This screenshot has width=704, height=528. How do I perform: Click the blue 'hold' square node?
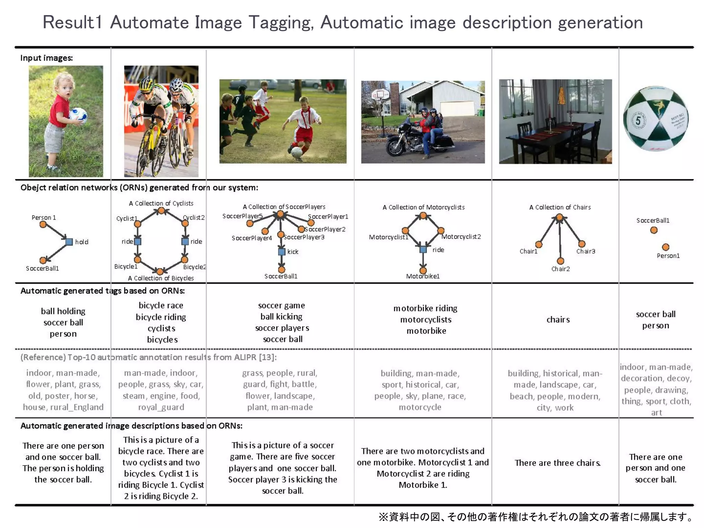tap(69, 242)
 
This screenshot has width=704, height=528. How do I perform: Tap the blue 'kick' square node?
tap(282, 252)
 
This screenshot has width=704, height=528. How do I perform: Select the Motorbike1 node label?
tap(423, 276)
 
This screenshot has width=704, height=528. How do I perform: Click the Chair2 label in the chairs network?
tap(560, 269)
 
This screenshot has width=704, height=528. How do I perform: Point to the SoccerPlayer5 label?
tap(242, 216)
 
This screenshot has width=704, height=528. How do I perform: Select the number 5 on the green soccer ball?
tap(638, 120)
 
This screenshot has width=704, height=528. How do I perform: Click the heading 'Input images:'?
tap(46, 58)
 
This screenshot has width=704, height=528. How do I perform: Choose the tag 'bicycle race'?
tap(161, 305)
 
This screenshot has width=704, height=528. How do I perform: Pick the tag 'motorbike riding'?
tap(425, 308)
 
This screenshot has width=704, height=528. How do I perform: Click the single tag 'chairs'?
tap(558, 320)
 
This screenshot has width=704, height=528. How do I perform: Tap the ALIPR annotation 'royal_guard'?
tap(161, 407)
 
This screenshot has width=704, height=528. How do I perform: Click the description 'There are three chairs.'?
tap(557, 463)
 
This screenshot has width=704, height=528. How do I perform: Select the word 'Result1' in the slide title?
tap(73, 23)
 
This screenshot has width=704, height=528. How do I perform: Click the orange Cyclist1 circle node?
tap(137, 224)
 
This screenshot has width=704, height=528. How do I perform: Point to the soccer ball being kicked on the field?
tap(296, 152)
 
